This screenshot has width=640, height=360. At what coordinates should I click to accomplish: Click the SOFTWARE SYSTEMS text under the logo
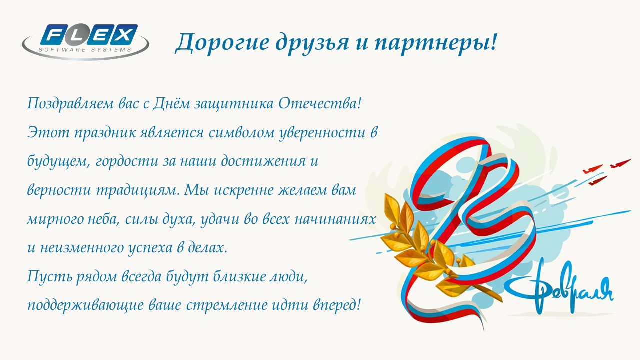[x=85, y=49]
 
